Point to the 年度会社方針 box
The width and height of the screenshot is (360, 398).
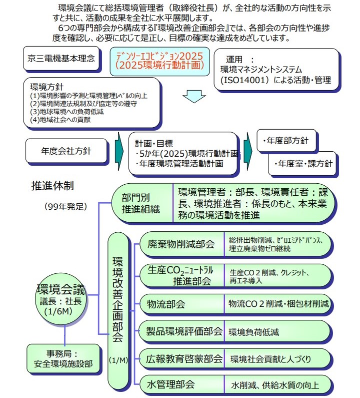pos(66,150)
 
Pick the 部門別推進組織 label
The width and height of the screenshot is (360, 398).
pos(141,202)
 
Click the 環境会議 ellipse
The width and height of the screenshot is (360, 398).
pos(61,298)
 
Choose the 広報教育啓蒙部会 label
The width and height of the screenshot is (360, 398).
pos(184,358)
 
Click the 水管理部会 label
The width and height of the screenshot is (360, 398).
pos(170,385)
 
